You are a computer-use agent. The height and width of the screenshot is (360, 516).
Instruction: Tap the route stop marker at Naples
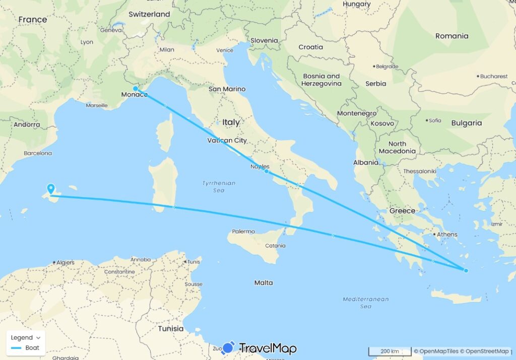[266, 171]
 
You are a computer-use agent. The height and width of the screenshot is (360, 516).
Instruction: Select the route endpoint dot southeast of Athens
[466, 271]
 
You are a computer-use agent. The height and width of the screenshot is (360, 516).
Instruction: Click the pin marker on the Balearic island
[51, 189]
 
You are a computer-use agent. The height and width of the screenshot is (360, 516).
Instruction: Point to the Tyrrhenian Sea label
[218, 187]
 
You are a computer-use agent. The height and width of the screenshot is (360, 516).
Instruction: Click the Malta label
[264, 283]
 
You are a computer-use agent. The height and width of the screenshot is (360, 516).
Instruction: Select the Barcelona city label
[38, 153]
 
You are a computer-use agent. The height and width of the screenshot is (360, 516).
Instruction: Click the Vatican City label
[227, 141]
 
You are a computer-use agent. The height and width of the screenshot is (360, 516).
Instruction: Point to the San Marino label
[227, 89]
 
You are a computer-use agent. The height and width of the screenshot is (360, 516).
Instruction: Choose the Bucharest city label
[494, 76]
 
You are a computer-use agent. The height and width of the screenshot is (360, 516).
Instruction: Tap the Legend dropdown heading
[26, 337]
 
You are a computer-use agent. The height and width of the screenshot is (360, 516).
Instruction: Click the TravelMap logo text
[267, 348]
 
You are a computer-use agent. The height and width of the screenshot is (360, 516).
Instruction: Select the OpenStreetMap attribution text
[487, 351]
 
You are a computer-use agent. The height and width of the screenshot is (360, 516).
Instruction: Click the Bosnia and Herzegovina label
[321, 80]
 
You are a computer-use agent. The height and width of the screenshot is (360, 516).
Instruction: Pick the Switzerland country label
[149, 14]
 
